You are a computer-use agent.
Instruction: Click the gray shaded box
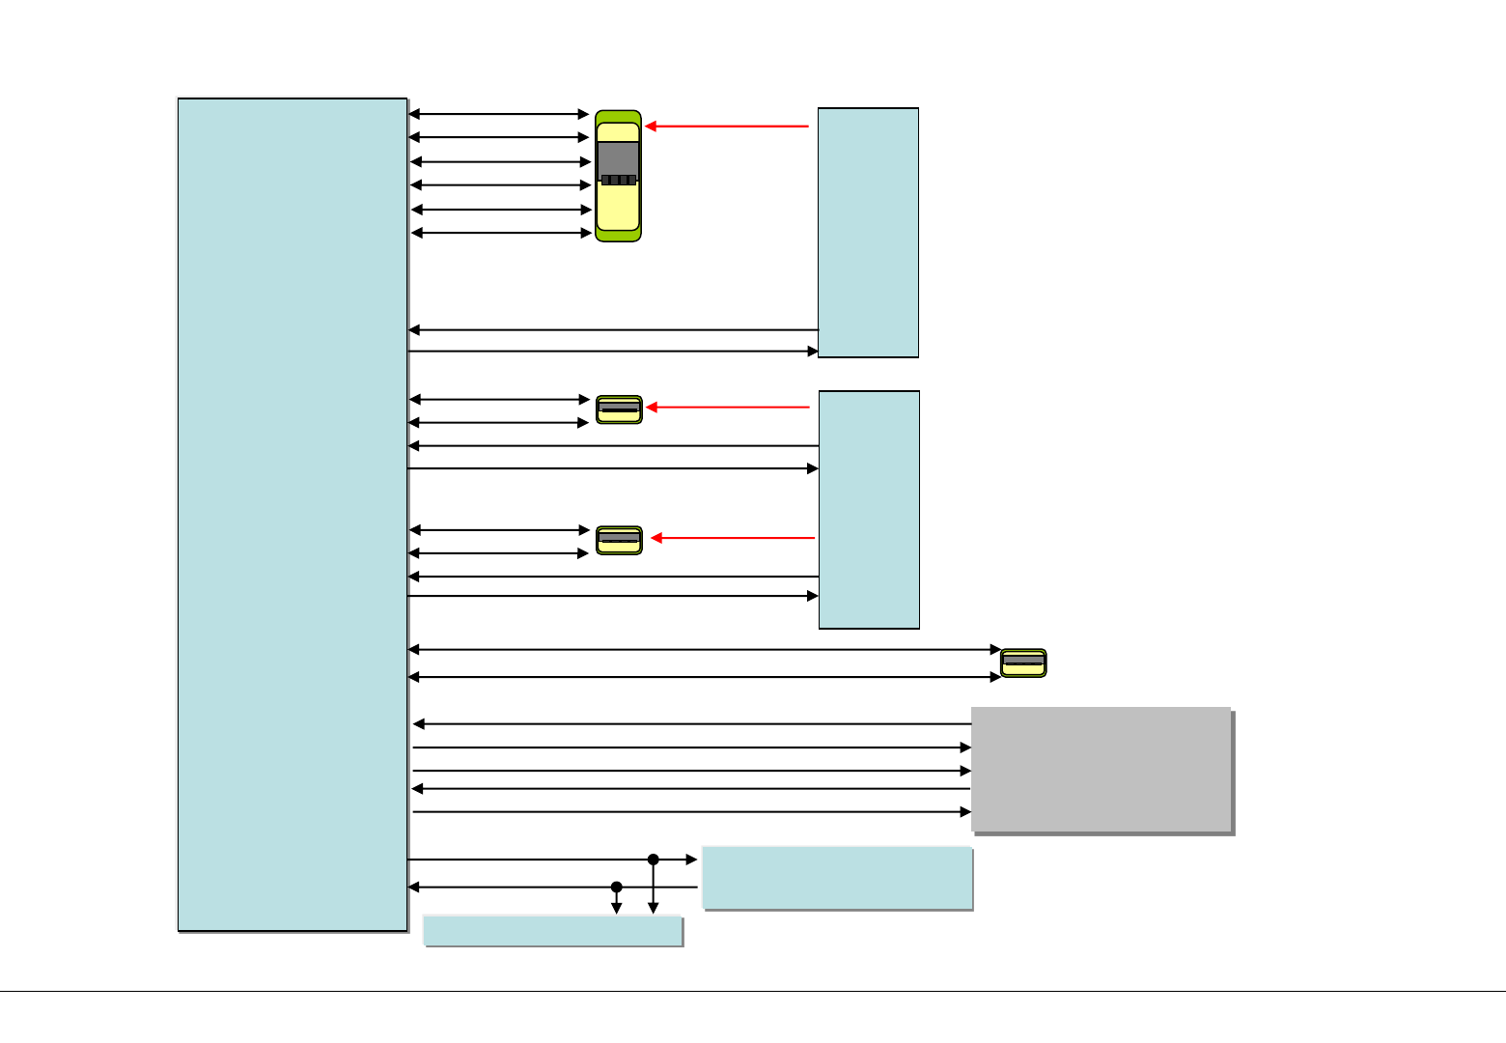point(1101,770)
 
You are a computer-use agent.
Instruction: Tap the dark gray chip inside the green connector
point(618,161)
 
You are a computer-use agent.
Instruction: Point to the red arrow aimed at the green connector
point(726,127)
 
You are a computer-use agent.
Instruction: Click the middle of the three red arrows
point(728,408)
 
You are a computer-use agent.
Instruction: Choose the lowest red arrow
point(733,538)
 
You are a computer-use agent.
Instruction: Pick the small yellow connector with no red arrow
point(1023,663)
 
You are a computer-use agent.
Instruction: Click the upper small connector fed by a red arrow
point(619,409)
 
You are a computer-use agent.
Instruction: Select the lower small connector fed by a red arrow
point(619,540)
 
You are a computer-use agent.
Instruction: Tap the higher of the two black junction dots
point(653,860)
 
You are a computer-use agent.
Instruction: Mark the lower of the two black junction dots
point(616,887)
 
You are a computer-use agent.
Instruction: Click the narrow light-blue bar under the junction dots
point(553,931)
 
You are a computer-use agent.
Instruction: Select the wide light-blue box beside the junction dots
point(836,878)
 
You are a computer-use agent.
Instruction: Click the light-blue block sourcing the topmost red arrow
point(868,233)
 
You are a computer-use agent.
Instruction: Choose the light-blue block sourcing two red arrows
point(869,510)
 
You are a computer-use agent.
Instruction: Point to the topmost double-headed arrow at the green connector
point(499,114)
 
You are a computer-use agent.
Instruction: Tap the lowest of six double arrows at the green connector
point(501,233)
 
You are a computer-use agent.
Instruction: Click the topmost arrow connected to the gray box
point(691,723)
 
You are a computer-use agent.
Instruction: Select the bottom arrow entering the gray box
point(691,812)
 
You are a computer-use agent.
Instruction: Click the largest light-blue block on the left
point(293,515)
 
